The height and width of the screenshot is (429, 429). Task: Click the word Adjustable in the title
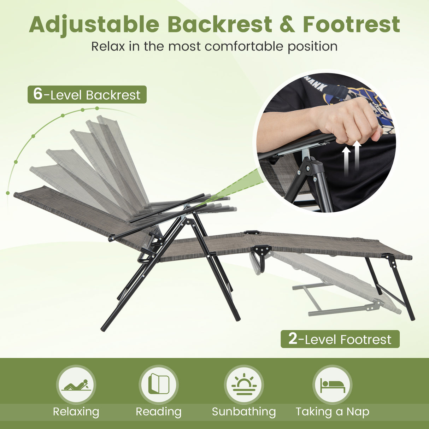pos(94,25)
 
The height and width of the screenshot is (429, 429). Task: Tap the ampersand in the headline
pos(287,25)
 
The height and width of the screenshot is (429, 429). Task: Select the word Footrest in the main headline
pos(351,25)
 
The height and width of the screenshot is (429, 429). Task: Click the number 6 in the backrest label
pos(38,94)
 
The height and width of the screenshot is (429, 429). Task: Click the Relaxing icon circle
pos(76,385)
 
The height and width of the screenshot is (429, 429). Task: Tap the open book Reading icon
pos(159,385)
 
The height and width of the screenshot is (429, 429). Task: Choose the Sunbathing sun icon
pos(244,385)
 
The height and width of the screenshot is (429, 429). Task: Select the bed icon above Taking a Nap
pos(332,385)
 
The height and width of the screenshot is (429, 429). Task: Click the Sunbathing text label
pos(244,412)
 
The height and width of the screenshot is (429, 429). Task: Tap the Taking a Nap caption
pos(333,412)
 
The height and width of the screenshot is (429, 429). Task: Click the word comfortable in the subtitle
pos(244,46)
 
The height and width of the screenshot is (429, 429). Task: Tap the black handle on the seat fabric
pos(251,233)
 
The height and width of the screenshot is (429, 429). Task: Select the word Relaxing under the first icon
pos(76,412)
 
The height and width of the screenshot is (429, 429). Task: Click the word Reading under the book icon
pos(159,412)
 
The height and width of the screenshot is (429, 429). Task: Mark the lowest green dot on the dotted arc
pos(8,193)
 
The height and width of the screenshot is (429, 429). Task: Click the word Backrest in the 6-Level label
pos(113,95)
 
